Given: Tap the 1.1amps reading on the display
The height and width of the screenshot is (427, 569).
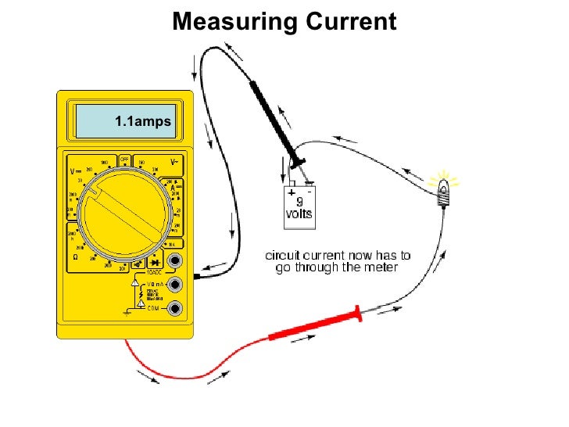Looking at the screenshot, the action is [142, 121].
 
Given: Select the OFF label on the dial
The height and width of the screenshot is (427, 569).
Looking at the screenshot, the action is [124, 159].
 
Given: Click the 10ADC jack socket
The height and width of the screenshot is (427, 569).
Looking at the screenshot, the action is [177, 261].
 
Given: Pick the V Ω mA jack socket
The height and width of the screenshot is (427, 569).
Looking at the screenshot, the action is [177, 284].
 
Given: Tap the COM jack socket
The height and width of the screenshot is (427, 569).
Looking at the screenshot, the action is [177, 308].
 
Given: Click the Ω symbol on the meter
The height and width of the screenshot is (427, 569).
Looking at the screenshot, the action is [76, 257].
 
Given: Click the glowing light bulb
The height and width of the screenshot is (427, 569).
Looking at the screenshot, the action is [444, 189].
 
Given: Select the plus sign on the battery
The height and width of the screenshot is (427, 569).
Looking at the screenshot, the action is [292, 191].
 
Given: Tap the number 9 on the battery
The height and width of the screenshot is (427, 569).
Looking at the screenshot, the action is [300, 201].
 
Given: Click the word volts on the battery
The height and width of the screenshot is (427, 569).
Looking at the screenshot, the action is [299, 213].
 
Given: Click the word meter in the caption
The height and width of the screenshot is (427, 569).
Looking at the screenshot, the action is [381, 267].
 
